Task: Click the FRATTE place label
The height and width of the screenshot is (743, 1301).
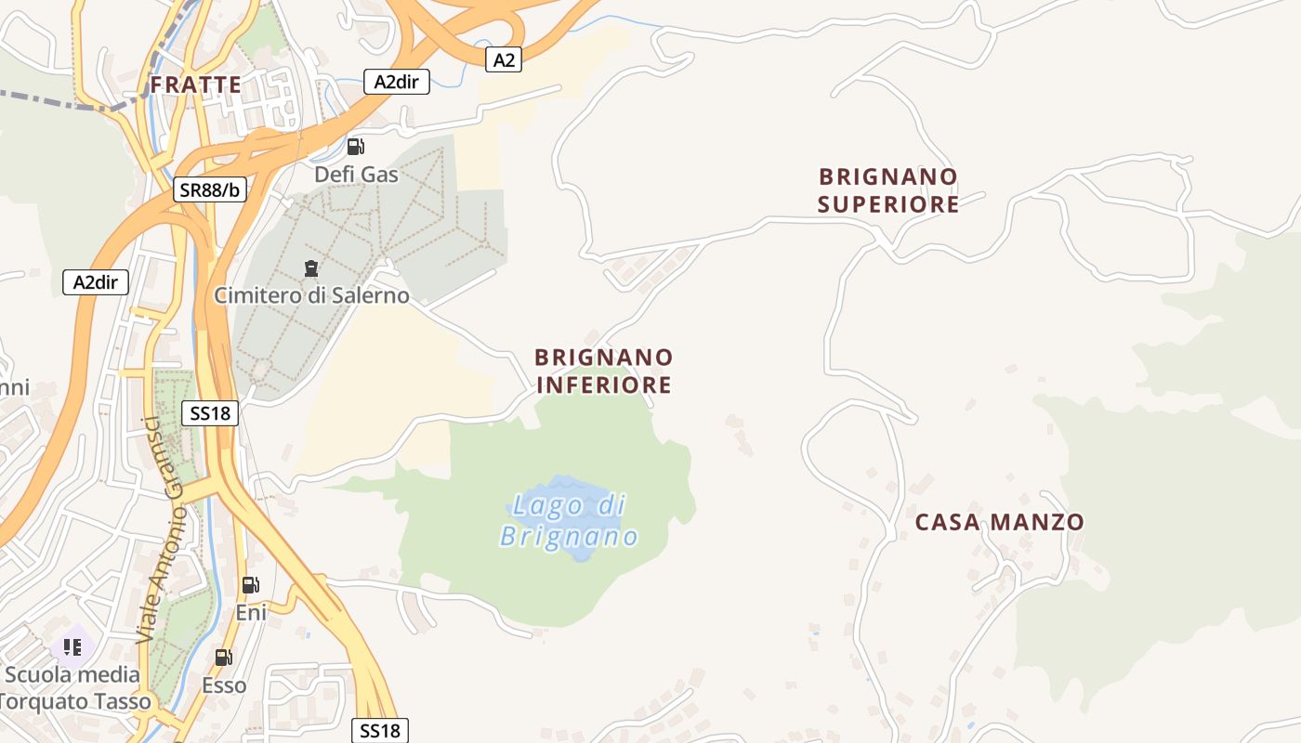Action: coord(196,85)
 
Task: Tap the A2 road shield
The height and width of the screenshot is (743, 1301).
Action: coord(503,60)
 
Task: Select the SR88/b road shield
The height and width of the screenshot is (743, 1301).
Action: coord(210,190)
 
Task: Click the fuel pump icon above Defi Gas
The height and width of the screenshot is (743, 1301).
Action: coord(355,147)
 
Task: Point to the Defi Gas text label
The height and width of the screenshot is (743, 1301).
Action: coord(356,175)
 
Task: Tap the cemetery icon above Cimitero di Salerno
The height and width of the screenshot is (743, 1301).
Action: coord(310,269)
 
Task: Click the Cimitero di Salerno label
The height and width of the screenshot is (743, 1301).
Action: coord(311,295)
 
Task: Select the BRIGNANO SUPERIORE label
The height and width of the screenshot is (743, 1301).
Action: coord(888,190)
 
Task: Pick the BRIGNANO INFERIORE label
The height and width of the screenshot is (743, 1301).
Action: coord(604,371)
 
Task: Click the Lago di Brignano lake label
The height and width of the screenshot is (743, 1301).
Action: coord(569,521)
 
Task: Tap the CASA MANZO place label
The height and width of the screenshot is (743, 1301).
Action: coord(999,522)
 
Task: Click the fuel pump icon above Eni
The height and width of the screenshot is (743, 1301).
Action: coord(250,585)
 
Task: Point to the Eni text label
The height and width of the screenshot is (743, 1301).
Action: coord(251,612)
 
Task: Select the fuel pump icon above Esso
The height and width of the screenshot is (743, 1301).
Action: coord(224,658)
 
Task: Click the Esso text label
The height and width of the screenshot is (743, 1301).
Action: coord(225,685)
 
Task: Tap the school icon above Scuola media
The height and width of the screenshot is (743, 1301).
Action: coord(72,646)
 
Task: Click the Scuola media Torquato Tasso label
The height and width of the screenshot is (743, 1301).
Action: coord(74,688)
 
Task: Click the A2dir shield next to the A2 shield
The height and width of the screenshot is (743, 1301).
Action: coord(397,82)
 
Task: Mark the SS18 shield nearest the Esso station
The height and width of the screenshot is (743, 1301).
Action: coord(380,731)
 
